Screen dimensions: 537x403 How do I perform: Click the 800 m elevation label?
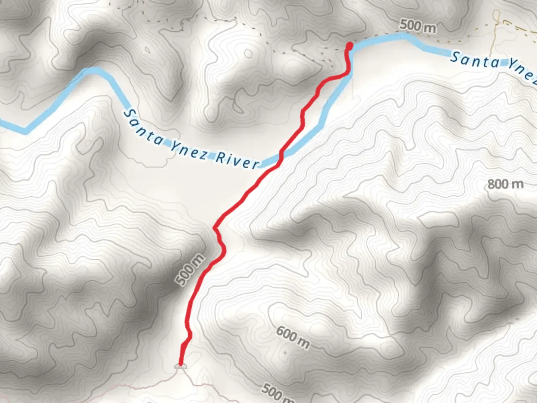click(x=505, y=184)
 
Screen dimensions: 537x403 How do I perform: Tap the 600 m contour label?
click(x=293, y=337)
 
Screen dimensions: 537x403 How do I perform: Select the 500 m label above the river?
click(x=417, y=26)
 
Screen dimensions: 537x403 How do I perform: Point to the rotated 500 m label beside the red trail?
click(x=191, y=269)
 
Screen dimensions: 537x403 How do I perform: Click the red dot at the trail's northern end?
click(x=350, y=46)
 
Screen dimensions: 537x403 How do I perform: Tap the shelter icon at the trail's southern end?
click(x=180, y=366)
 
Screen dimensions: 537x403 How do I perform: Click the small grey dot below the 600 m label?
click(x=285, y=352)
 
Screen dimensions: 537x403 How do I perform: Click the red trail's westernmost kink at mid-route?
click(x=214, y=227)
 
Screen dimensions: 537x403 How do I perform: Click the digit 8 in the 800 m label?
click(x=493, y=184)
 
